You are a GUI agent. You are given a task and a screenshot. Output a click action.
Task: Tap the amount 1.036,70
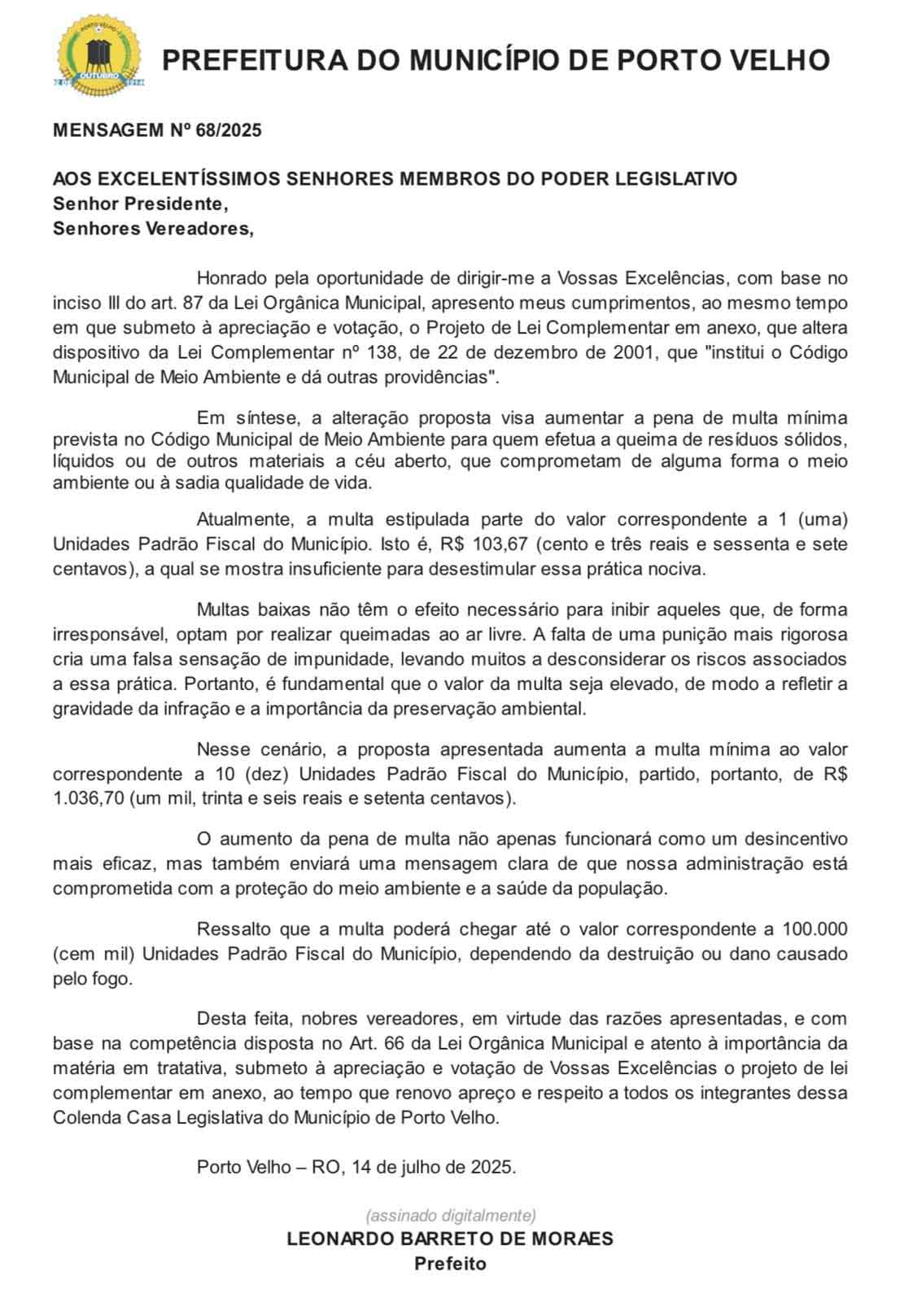[x=89, y=798]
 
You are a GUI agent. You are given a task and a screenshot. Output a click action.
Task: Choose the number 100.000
[x=815, y=928]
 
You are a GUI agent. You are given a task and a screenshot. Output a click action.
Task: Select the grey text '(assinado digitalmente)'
[x=451, y=1216]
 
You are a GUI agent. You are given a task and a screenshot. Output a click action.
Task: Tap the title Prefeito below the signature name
[x=450, y=1264]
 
